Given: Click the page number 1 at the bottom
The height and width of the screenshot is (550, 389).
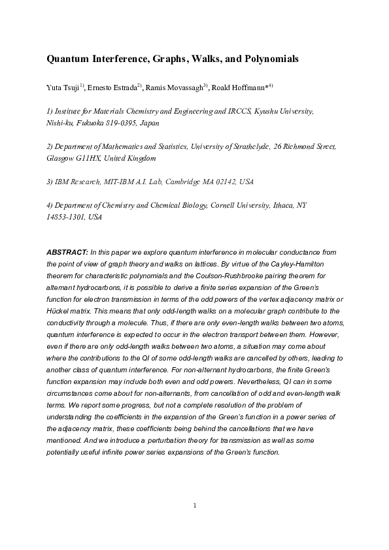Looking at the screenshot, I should point(195,505).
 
